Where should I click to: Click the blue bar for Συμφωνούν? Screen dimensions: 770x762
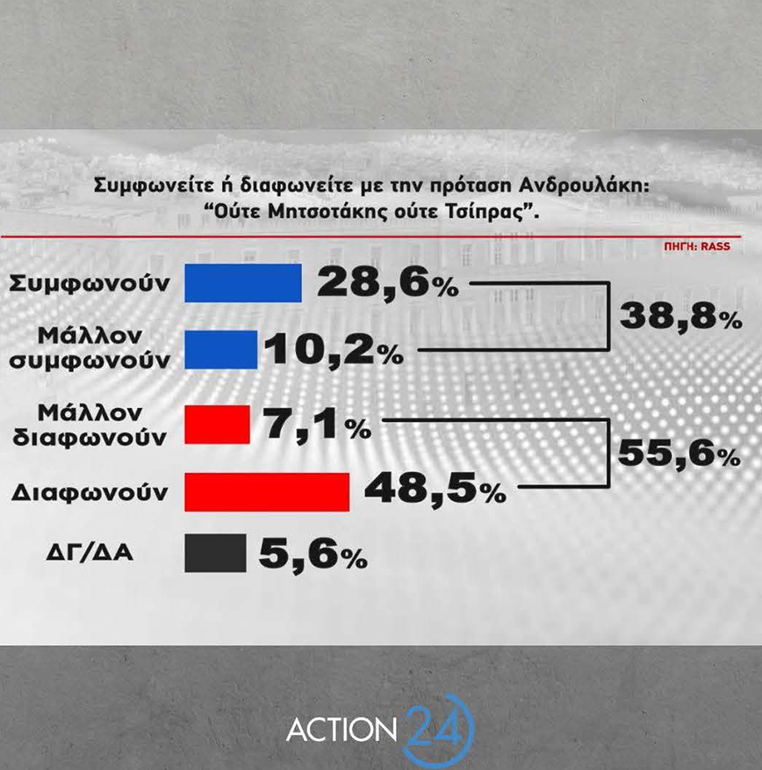tap(243, 282)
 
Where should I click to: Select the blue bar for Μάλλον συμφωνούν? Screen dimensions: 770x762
tap(220, 349)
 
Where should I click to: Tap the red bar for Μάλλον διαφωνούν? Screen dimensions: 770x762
tap(217, 424)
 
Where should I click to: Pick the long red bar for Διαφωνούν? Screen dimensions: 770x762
tap(267, 490)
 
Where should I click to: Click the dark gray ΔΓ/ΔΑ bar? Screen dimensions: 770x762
tap(215, 555)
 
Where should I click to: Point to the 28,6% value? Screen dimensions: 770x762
tap(386, 283)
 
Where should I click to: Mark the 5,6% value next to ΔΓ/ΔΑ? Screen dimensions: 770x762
tap(313, 555)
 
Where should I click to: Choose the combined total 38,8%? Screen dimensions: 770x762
tap(680, 315)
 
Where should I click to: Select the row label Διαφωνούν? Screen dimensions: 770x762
tap(90, 491)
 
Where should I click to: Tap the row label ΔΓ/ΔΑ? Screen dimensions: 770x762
tap(90, 555)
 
